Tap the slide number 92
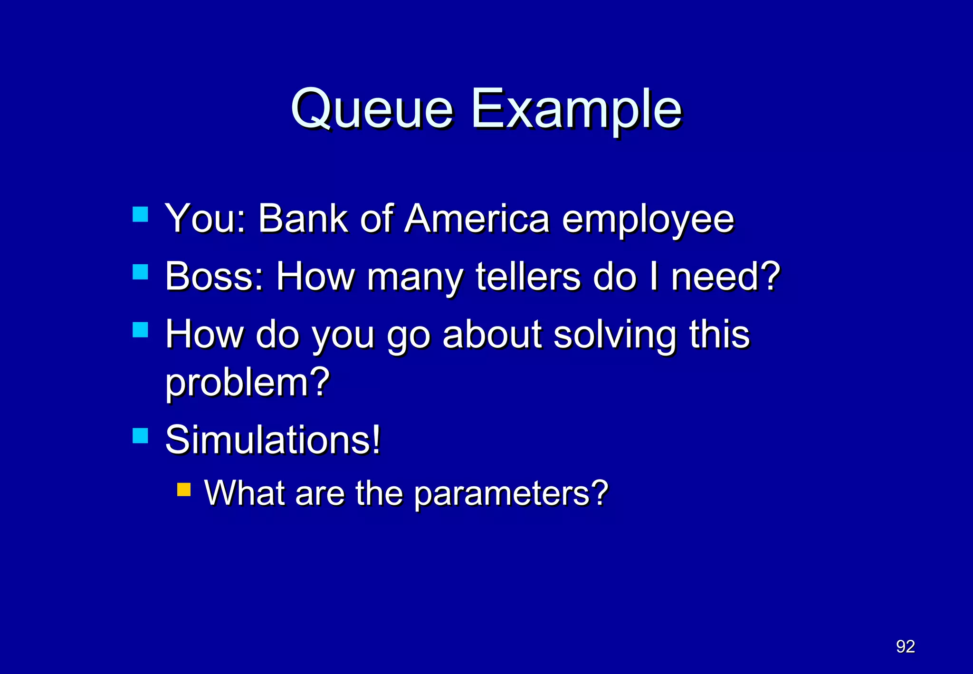click(905, 646)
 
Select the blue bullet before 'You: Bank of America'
click(140, 214)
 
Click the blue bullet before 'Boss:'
click(140, 272)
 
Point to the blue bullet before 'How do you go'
click(140, 330)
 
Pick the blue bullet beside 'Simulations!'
click(140, 435)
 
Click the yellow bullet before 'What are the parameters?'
click(184, 490)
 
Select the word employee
click(648, 220)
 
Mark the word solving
click(615, 335)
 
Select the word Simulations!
click(273, 440)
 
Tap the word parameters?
click(511, 494)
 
